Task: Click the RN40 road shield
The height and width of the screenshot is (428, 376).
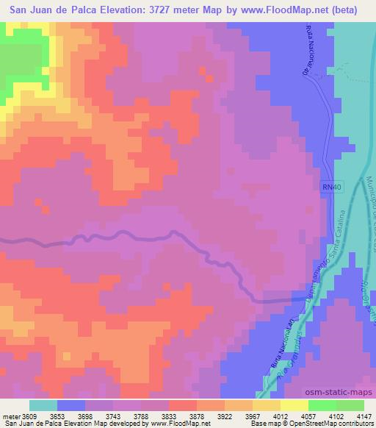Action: (332, 188)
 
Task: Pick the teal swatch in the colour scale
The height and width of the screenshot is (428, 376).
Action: (43, 405)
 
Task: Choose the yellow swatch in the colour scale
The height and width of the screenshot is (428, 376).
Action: (267, 405)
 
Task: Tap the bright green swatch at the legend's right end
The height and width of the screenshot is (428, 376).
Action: (350, 405)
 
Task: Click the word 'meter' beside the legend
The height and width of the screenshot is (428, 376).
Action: (11, 415)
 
